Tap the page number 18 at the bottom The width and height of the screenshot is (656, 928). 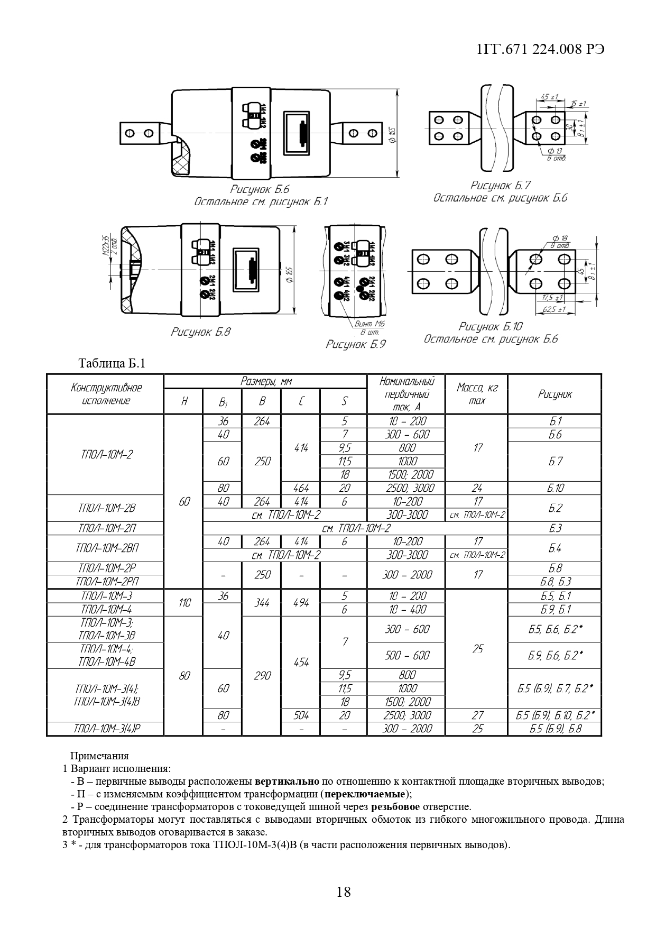click(x=343, y=892)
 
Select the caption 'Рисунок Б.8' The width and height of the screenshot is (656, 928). click(x=200, y=332)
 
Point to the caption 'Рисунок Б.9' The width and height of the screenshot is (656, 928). click(x=355, y=344)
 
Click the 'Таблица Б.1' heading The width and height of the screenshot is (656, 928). click(x=112, y=363)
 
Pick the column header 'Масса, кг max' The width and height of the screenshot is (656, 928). click(x=477, y=394)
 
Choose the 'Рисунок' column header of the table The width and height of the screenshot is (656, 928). click(x=555, y=394)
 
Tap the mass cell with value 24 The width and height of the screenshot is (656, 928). click(x=477, y=488)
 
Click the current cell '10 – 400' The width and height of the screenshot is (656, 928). click(x=407, y=609)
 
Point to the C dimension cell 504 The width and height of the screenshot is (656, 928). click(x=301, y=715)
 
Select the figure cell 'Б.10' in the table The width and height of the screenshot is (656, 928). click(x=555, y=488)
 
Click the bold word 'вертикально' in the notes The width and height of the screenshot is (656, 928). click(x=287, y=781)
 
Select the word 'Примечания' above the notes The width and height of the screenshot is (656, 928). click(x=99, y=756)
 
